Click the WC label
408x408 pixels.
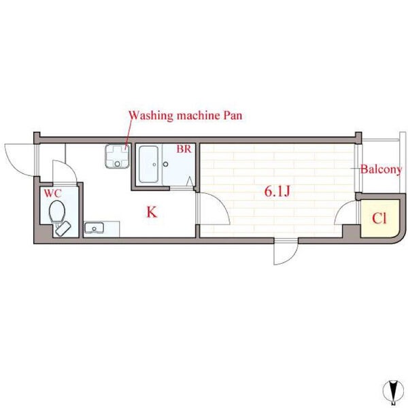(52, 193)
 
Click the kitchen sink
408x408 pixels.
(94, 228)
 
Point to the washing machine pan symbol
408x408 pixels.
(118, 156)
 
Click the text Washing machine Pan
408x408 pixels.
(186, 116)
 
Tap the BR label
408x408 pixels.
(184, 149)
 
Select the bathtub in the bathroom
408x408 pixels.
(148, 164)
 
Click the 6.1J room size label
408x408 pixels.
(277, 192)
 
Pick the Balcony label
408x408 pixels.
(381, 169)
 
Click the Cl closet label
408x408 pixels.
(379, 218)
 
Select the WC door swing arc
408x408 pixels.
(68, 167)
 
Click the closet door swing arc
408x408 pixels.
(341, 208)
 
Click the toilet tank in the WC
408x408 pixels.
(63, 228)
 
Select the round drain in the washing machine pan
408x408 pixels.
(118, 164)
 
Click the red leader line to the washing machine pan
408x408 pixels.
(128, 134)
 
